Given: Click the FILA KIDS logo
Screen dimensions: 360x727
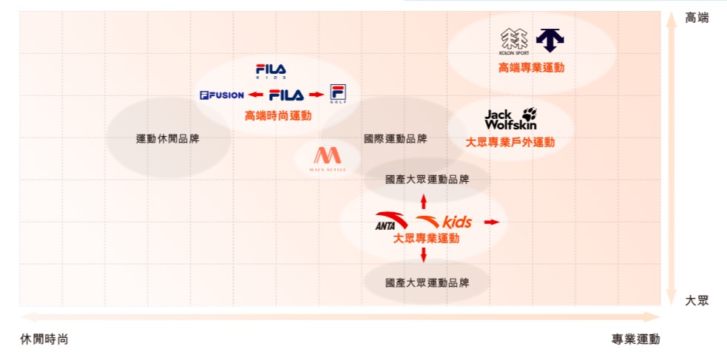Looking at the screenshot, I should [x=271, y=71].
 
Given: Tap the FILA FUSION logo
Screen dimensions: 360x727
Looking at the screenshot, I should [x=222, y=95].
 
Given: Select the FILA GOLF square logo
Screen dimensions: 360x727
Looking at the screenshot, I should [x=338, y=94].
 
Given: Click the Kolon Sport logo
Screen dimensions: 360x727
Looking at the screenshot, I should [x=515, y=41].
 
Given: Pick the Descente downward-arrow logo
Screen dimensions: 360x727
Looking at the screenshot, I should [x=550, y=40].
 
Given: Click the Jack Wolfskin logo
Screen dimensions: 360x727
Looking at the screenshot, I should [x=510, y=118].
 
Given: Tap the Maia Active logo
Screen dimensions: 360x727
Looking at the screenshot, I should [x=325, y=158].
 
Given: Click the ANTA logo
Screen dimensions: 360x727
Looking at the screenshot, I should [x=391, y=221].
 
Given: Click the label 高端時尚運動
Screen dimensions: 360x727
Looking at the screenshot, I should [x=278, y=115].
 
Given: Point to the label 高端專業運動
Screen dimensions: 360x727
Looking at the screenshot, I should [x=531, y=67].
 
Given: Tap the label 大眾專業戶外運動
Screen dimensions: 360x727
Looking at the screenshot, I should [x=510, y=142].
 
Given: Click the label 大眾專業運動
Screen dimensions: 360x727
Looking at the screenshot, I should [x=426, y=238].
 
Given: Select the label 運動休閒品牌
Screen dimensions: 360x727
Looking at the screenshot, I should [x=167, y=138].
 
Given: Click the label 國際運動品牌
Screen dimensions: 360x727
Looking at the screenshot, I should [x=395, y=138].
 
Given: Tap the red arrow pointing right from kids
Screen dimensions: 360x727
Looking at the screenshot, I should [x=492, y=222].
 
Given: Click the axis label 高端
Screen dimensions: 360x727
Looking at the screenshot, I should [x=697, y=18].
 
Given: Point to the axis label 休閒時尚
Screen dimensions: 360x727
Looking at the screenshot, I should [x=44, y=339].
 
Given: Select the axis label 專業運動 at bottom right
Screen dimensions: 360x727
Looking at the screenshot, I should [x=635, y=339].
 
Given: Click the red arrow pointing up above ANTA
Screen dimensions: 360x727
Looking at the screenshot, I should [x=424, y=200].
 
